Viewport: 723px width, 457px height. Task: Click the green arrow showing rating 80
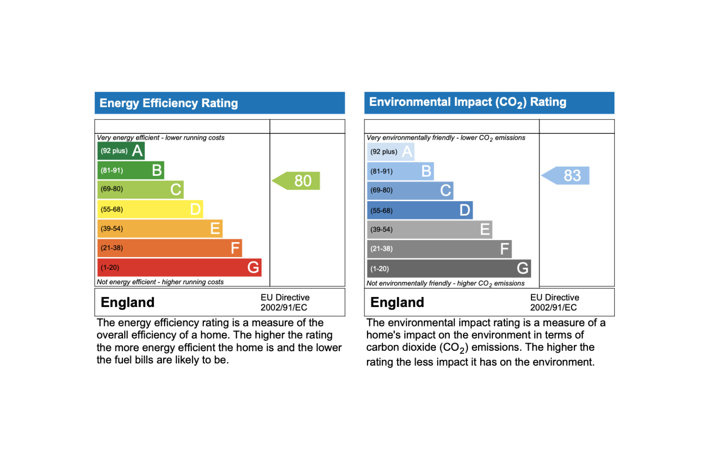[x=298, y=181]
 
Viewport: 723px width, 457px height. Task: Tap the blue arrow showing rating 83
[x=568, y=175]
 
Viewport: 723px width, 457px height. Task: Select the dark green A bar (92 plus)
[x=121, y=151]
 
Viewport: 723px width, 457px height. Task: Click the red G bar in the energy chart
[x=179, y=268]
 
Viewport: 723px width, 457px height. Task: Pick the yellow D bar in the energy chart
[x=150, y=209]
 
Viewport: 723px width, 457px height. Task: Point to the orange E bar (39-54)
[x=160, y=229]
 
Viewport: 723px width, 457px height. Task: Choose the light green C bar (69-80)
[x=140, y=189]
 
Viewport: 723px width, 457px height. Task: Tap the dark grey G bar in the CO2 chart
[x=448, y=269]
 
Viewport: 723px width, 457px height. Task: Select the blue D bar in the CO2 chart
[x=419, y=210]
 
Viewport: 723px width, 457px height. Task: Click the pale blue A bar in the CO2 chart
[x=390, y=152]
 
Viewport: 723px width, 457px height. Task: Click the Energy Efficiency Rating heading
[x=169, y=103]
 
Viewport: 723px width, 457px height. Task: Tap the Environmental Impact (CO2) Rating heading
[x=468, y=102]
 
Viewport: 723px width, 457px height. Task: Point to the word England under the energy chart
[x=127, y=302]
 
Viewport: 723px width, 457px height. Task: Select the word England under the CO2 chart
[x=397, y=302]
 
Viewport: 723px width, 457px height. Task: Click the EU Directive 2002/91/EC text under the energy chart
[x=285, y=302]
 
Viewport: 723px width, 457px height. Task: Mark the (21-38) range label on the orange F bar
[x=112, y=248]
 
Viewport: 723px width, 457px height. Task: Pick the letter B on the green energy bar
[x=157, y=170]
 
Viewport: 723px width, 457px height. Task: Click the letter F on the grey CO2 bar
[x=504, y=249]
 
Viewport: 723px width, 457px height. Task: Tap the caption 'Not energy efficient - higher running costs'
[x=160, y=282]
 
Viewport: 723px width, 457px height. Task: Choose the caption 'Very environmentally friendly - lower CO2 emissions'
[x=446, y=138]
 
